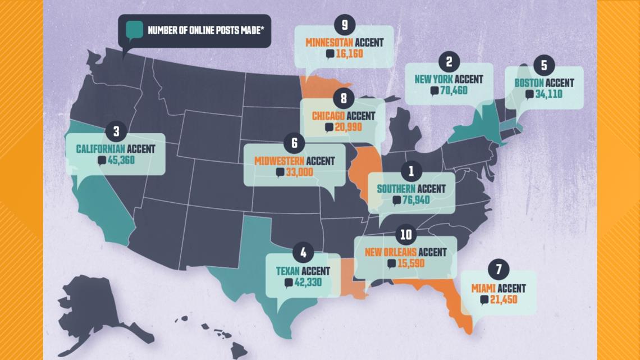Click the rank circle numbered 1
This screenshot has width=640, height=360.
point(411,170)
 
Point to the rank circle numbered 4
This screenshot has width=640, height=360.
point(303,253)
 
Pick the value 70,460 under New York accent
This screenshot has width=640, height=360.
point(454,91)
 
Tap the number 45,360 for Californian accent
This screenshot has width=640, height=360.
point(121,160)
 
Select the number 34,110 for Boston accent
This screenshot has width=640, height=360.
point(548,94)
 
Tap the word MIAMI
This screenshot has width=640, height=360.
point(484,288)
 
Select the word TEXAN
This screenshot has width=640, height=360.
point(288,271)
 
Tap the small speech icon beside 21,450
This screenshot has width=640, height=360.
point(484,300)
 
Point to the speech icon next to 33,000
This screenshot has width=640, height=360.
point(280,173)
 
